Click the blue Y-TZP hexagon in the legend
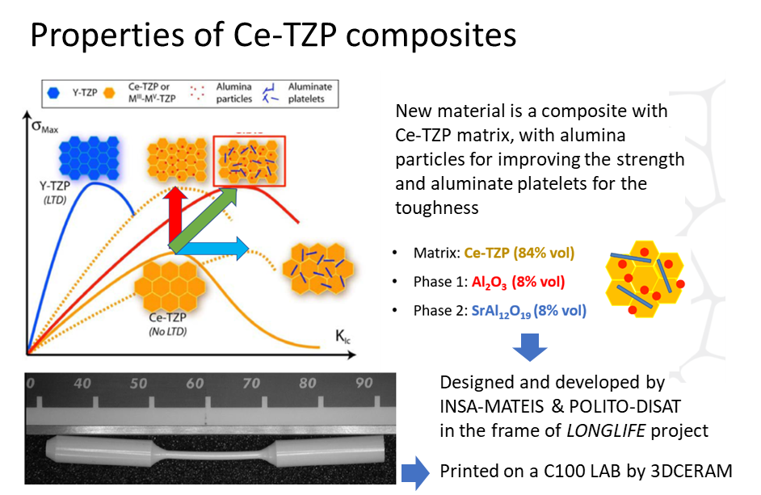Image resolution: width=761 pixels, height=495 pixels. point(53,93)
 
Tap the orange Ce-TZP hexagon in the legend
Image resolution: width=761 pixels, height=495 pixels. point(110,93)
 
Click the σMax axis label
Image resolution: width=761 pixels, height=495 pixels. point(44,127)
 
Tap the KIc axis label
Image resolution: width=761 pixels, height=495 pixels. point(343,336)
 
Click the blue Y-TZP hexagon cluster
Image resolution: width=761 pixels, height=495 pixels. point(90,157)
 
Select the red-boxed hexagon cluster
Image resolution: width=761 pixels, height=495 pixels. point(249,162)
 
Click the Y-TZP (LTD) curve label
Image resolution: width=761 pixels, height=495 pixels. point(54,192)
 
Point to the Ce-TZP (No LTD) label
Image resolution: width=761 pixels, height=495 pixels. point(167,324)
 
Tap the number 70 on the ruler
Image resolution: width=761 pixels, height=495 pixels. point(251,384)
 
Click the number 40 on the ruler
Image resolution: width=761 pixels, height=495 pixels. point(82,384)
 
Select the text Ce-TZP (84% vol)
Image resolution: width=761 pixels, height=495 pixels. point(519,253)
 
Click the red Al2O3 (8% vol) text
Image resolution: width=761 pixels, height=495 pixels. point(518,283)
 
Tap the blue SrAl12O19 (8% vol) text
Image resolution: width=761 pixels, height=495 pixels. point(528,311)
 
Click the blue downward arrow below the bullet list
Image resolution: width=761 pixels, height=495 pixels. point(529,347)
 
